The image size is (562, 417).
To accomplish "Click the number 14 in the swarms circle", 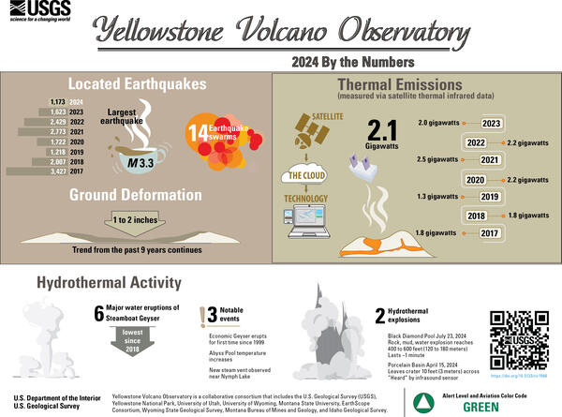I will pos(199,134).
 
